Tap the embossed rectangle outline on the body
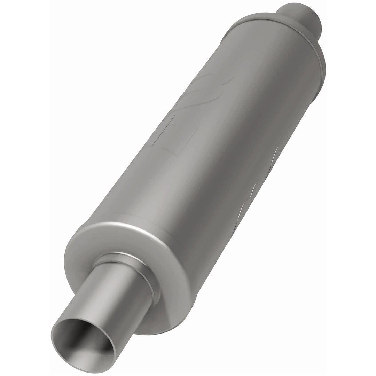[174, 134]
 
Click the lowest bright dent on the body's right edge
[240, 216]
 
